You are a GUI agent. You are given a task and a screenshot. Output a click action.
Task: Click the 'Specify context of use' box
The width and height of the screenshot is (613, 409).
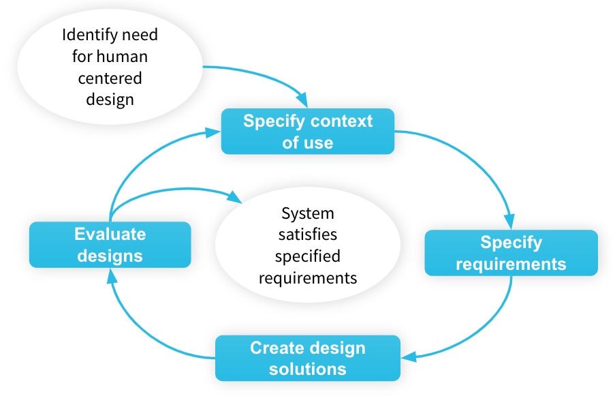pos(308,131)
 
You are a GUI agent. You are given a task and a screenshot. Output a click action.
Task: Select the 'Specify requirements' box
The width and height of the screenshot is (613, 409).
pos(511,253)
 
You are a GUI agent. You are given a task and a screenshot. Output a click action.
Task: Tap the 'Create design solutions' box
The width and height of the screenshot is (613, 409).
pos(308,358)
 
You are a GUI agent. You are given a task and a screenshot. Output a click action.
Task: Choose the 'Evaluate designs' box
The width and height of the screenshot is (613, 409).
pos(110,245)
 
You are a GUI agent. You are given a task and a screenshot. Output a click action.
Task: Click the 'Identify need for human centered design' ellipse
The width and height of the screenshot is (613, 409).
pos(110,67)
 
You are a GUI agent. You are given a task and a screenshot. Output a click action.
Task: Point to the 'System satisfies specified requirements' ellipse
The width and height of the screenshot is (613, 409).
pos(308,245)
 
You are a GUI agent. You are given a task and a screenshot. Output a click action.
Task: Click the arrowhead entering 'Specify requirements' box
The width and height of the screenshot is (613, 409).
pos(509,221)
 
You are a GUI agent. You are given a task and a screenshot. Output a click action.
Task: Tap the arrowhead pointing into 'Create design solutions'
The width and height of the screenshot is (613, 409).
pos(409,357)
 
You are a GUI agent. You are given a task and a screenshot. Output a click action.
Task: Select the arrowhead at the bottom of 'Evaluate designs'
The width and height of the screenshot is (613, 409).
pos(112,276)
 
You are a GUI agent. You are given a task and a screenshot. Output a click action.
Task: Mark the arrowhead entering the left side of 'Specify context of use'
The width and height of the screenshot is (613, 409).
pos(213,132)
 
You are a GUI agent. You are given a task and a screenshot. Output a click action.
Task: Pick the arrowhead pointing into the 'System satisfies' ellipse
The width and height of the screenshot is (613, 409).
pos(234,197)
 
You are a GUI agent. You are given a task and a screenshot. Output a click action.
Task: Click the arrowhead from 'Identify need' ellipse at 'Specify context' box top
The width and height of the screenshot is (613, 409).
pos(302,100)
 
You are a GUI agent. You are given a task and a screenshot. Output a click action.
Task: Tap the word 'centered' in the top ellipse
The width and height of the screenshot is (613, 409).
pos(110,78)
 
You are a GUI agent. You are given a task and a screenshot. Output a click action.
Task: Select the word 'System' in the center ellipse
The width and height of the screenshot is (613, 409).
pos(308,214)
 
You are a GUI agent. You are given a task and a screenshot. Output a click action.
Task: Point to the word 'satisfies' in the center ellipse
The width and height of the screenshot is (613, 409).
pos(308,234)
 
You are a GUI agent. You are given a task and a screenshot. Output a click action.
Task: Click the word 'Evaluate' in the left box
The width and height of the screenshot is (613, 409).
pos(110,234)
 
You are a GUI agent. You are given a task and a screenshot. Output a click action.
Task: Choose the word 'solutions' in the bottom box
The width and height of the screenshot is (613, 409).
pos(308,369)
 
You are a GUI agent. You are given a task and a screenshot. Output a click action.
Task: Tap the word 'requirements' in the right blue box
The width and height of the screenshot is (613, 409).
pos(511,264)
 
